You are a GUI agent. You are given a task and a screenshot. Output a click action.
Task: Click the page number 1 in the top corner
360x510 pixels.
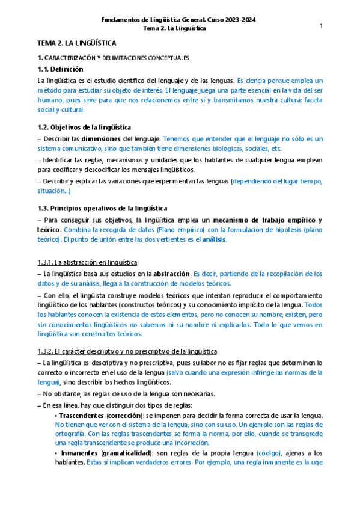tap(322, 26)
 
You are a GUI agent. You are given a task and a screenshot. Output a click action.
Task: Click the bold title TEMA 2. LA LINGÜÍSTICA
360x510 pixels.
tap(77, 43)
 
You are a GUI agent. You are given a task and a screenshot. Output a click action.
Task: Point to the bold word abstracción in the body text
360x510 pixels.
tap(172, 274)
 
